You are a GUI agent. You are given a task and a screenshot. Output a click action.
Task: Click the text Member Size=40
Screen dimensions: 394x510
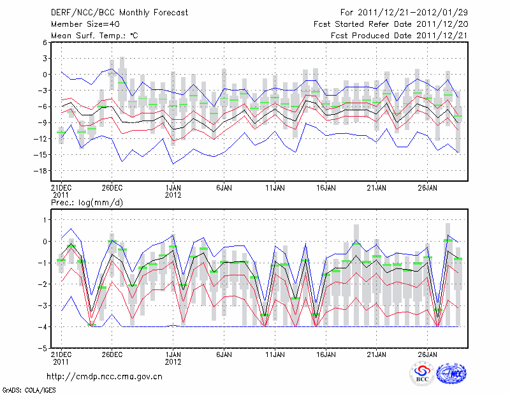point(82,24)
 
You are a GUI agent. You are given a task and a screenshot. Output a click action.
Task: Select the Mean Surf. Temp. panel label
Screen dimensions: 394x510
point(94,36)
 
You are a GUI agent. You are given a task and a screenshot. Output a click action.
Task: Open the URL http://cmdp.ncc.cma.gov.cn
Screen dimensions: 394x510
point(105,376)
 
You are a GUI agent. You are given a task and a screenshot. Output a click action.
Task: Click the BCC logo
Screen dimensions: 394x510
point(422,374)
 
